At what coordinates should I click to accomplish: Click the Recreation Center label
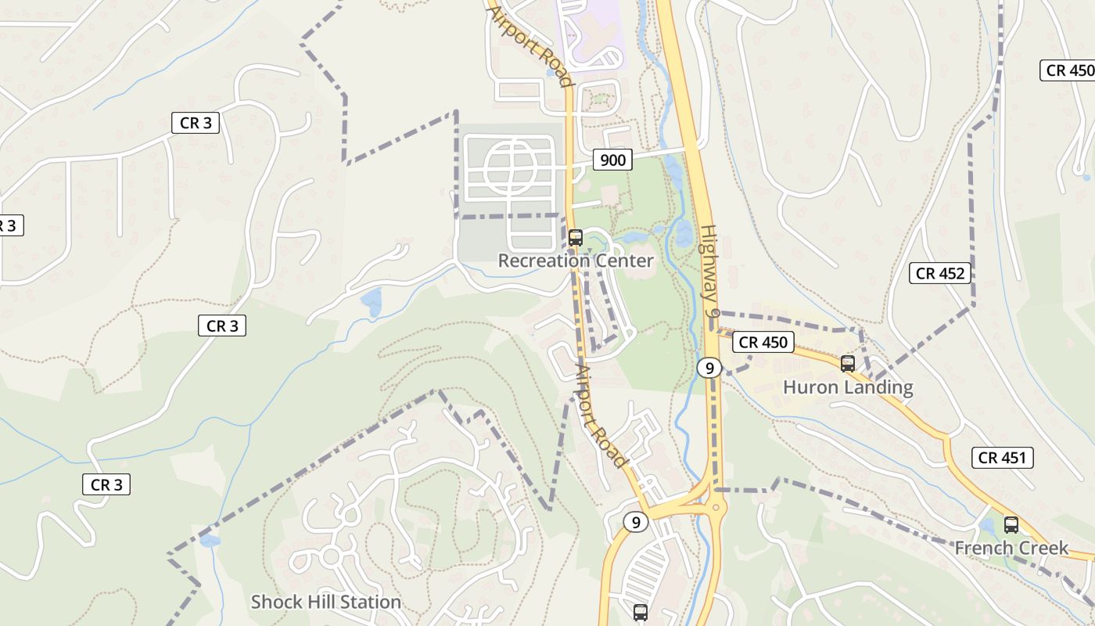coord(575,261)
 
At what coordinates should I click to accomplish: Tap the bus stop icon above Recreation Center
coord(576,237)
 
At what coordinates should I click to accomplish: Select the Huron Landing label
coord(848,387)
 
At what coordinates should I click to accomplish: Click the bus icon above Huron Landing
coord(847,363)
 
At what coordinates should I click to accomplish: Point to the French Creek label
coord(1011,548)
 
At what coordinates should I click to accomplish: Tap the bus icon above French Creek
coord(1011,525)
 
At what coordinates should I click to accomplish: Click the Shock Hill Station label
coord(325,602)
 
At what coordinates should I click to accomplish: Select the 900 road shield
coord(612,160)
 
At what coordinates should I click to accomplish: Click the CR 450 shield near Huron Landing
coord(764,342)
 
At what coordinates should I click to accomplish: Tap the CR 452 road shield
coord(941,273)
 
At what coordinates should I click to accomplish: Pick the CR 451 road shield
coord(1003,458)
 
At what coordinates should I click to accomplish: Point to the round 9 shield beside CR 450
coord(709,368)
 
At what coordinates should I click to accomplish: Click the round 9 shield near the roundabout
coord(636,522)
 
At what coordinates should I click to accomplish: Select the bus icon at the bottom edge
coord(641,613)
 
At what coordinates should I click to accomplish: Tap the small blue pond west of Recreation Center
coord(372,301)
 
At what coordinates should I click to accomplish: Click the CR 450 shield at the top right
coord(1069,70)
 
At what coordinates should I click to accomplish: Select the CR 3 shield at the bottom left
coord(106,484)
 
